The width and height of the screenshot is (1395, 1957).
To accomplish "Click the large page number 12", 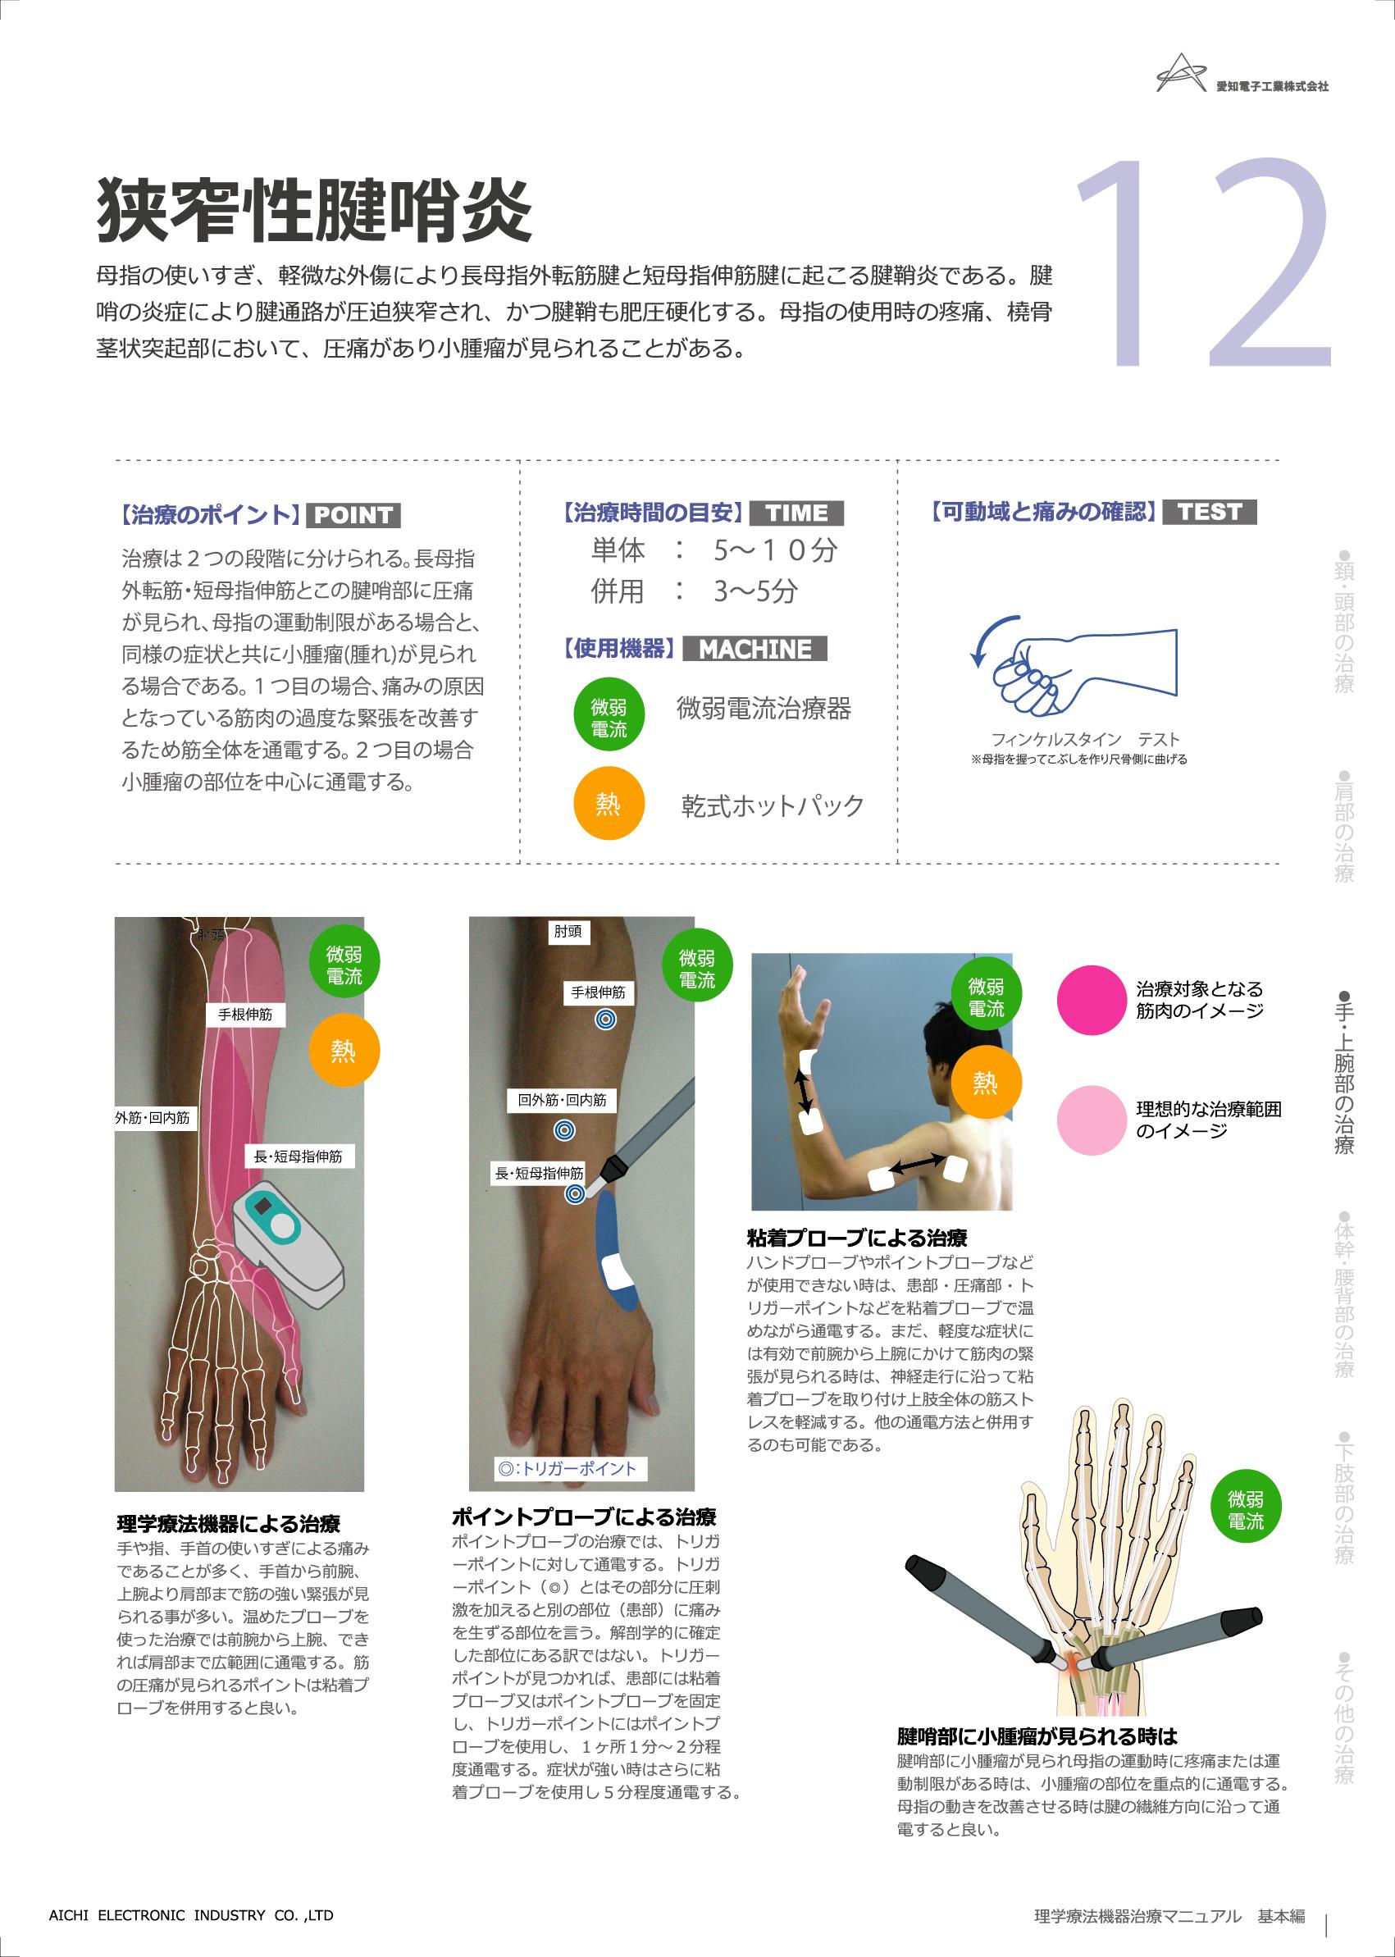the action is [x=1202, y=263].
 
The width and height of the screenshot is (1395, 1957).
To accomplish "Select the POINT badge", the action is [x=353, y=514].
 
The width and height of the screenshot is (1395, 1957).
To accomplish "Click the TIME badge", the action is [x=796, y=513].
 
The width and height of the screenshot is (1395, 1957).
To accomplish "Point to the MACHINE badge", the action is [x=754, y=649].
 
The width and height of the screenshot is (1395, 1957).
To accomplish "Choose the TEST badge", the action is [x=1210, y=512].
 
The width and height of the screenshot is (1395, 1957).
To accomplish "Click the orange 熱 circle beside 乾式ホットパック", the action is [x=609, y=803].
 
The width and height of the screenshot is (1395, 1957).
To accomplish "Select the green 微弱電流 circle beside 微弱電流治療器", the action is [x=609, y=718].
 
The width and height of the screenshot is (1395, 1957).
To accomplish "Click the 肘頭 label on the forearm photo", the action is [x=568, y=932].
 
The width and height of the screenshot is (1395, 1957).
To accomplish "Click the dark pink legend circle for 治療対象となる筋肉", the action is [x=1092, y=1001].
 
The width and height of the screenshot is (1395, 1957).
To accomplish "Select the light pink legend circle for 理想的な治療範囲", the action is [x=1092, y=1120].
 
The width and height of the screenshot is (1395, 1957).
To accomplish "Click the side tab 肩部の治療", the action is [x=1344, y=826].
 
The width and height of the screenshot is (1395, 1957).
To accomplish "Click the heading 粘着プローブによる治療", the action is [x=857, y=1238].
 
